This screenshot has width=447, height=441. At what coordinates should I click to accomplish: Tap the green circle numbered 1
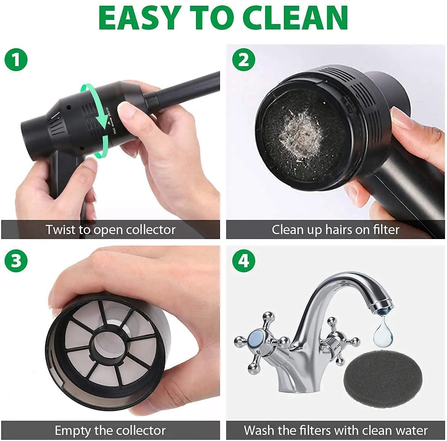(x=16, y=60)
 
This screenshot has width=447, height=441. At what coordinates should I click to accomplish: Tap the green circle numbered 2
(x=244, y=60)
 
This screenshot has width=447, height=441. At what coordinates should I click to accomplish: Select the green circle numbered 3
(x=16, y=261)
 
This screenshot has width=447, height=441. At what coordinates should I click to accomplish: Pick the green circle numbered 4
(x=244, y=261)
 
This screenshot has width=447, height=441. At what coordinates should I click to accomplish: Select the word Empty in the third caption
(x=73, y=430)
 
